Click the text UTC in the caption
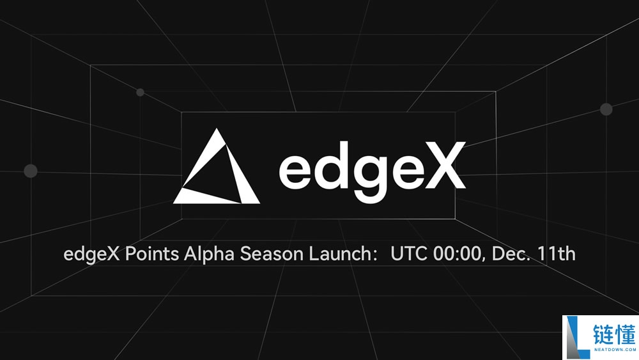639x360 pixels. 408,254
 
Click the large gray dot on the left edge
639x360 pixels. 30,171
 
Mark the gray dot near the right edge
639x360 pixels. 606,109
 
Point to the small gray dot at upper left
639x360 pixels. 140,92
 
